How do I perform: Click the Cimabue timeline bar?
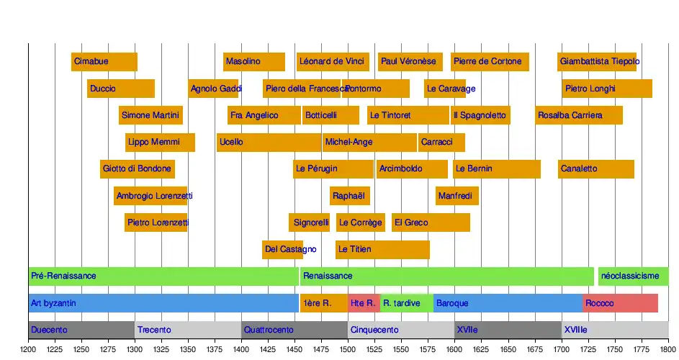click(x=104, y=62)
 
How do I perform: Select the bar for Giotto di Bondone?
click(x=138, y=169)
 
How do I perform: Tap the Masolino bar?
click(x=254, y=62)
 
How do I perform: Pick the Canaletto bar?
click(x=596, y=169)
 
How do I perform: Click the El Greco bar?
click(x=431, y=223)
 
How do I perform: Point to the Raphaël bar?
click(x=350, y=196)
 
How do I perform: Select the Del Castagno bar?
click(x=282, y=250)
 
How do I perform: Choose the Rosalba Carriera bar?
click(x=579, y=115)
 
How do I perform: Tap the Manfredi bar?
click(x=457, y=196)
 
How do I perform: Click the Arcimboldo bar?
click(x=412, y=169)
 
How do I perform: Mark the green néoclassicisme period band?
click(x=633, y=276)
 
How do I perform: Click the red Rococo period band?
click(x=621, y=303)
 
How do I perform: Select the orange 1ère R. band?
click(x=323, y=303)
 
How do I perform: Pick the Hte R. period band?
click(x=364, y=303)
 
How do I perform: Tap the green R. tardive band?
click(x=406, y=303)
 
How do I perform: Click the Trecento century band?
click(x=188, y=330)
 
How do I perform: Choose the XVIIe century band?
click(x=508, y=330)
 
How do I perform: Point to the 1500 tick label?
click(x=348, y=349)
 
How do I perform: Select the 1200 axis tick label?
click(x=29, y=349)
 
